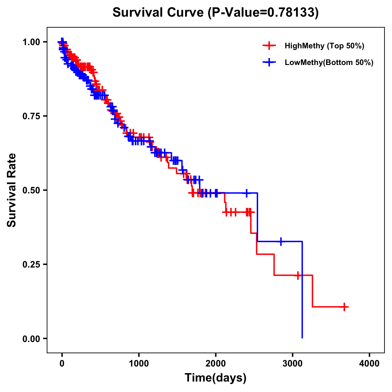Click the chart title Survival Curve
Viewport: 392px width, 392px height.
(159, 12)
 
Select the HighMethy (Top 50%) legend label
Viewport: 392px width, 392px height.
(324, 46)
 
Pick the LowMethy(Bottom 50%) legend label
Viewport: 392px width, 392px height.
(329, 62)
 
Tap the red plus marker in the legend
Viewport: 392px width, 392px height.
(269, 46)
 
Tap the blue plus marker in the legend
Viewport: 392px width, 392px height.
(269, 62)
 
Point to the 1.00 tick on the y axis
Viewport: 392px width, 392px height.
(31, 42)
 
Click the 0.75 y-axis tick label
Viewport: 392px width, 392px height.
(31, 116)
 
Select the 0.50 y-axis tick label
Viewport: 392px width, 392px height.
(31, 190)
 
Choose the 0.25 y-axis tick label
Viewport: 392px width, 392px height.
(31, 264)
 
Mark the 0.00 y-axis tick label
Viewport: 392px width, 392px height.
(31, 338)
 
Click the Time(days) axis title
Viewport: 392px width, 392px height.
(216, 378)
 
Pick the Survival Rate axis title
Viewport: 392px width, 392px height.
(12, 190)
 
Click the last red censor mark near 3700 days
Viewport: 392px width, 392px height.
(344, 307)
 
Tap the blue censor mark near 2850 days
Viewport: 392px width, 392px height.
(281, 241)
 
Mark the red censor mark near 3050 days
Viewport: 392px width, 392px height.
(298, 275)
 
